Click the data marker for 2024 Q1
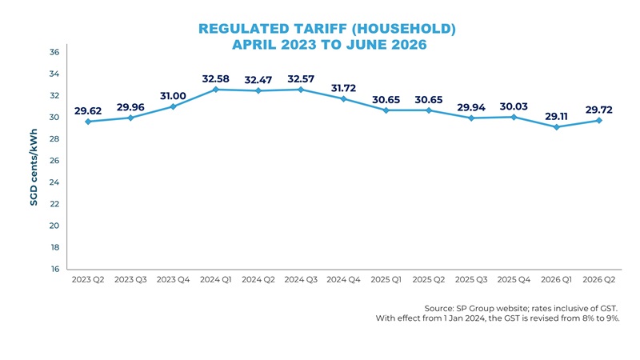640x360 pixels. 216,90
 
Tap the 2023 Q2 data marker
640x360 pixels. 87,122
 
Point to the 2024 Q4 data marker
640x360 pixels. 343,98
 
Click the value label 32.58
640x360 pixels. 216,78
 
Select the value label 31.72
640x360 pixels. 345,87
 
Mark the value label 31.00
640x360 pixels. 173,95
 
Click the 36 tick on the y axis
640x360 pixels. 55,52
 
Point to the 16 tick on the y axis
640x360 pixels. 55,270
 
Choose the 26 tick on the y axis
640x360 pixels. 55,161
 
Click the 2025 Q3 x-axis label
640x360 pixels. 472,280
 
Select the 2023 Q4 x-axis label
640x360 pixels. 174,280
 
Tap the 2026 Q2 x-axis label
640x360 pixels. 600,280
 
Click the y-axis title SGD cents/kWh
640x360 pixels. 34,169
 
